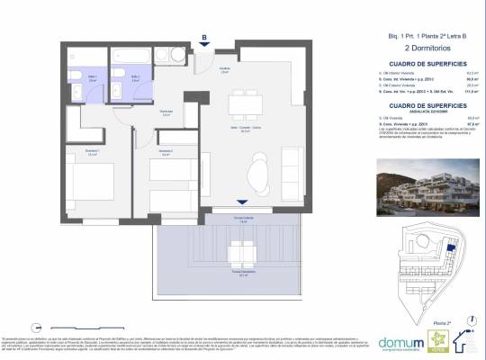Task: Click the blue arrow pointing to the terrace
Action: (x=239, y=202)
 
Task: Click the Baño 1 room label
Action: (x=81, y=79)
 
